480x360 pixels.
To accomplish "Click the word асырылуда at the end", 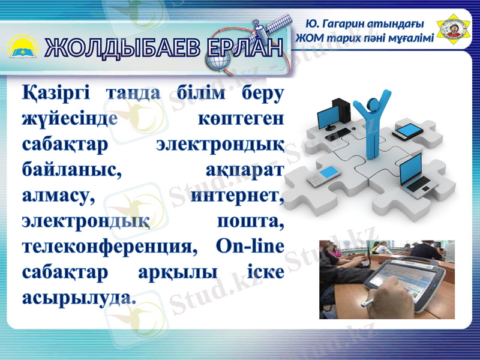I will pos(78,296).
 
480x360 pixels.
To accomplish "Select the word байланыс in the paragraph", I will pos(72,170).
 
